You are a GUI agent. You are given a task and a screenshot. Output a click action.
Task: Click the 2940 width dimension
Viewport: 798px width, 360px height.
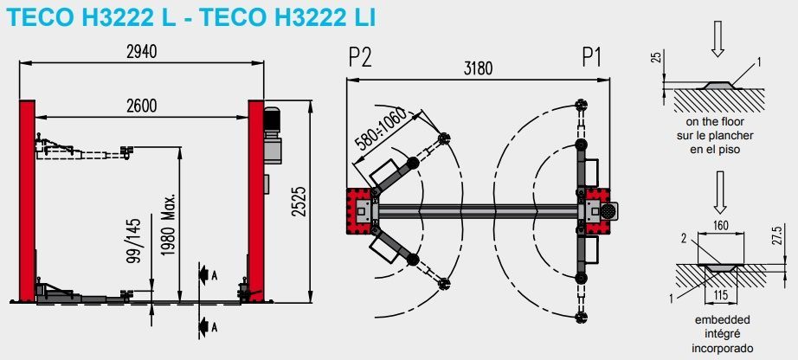pyautogui.click(x=142, y=52)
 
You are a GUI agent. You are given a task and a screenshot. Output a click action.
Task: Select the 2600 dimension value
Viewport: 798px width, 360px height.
pyautogui.click(x=141, y=106)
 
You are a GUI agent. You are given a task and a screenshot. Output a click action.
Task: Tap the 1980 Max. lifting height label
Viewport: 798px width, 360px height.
pyautogui.click(x=170, y=221)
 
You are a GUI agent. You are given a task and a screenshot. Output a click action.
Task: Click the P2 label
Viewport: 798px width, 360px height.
pyautogui.click(x=359, y=58)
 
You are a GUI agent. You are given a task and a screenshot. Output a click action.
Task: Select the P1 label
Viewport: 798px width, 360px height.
pyautogui.click(x=591, y=58)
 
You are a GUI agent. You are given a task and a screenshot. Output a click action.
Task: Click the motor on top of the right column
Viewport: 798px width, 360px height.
pyautogui.click(x=273, y=134)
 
